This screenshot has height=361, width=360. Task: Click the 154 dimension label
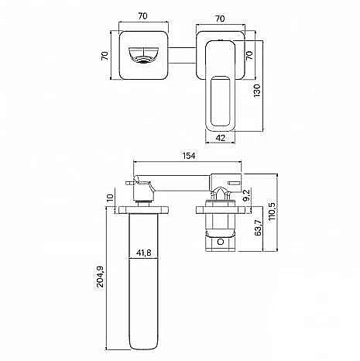189,156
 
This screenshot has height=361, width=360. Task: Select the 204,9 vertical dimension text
100,277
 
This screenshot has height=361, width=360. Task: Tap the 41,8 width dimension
143,253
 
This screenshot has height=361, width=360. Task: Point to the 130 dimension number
257,91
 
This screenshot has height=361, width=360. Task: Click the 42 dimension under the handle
220,138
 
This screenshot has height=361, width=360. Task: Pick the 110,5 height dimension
272,211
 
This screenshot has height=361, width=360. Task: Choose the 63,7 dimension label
258,228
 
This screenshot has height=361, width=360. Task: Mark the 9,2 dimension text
246,195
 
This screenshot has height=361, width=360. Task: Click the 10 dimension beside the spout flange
110,198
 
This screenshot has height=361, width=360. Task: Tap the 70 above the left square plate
142,16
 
